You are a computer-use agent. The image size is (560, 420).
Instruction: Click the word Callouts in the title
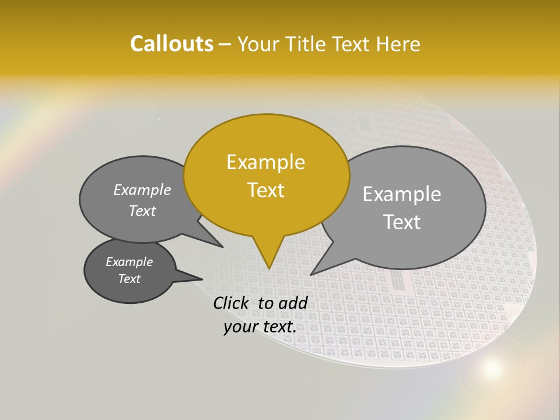click(171, 44)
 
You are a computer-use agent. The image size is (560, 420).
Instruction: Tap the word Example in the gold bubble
click(265, 162)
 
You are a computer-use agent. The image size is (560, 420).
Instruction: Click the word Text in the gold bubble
click(265, 190)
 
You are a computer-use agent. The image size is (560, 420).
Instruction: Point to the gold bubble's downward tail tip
click(268, 268)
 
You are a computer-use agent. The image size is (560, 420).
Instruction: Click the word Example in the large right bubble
click(402, 194)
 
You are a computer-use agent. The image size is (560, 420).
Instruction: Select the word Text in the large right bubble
click(402, 222)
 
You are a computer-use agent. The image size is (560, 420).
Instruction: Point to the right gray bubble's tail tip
click(311, 274)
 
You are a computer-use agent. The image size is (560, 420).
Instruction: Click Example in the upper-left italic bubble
click(142, 190)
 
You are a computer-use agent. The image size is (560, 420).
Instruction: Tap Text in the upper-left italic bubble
click(142, 211)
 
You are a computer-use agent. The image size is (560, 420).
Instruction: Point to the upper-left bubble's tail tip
click(222, 247)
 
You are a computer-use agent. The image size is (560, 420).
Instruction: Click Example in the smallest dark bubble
click(129, 262)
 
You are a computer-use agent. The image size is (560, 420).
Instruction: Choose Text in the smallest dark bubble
click(129, 279)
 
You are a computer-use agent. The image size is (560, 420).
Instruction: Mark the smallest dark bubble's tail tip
click(202, 279)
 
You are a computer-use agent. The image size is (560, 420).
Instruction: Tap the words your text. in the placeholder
click(260, 327)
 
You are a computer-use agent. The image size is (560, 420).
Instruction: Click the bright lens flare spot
click(492, 368)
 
